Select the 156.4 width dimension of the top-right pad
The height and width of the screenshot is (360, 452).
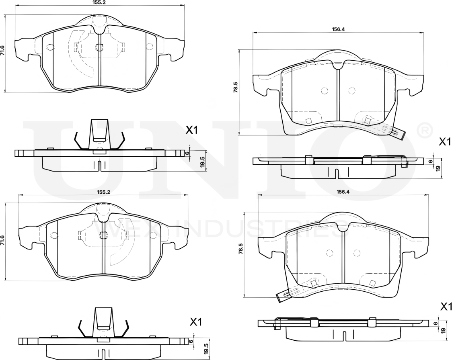coord(337,29)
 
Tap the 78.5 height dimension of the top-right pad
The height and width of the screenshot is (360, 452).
coord(236,88)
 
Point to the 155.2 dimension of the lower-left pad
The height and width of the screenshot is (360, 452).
coord(104,192)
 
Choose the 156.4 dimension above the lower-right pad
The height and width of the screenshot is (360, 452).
coord(342,192)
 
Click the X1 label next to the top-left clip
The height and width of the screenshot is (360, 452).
coord(192,130)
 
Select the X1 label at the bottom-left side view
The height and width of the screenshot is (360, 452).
coord(195,322)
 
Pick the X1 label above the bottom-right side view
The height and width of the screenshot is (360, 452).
coord(446,307)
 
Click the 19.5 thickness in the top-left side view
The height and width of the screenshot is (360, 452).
coord(202,162)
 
